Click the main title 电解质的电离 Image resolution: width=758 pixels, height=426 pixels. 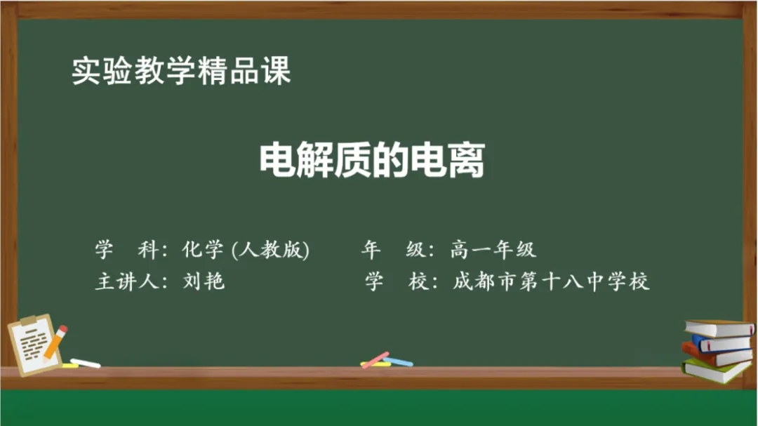372,160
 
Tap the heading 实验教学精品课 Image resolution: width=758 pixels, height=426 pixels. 181,71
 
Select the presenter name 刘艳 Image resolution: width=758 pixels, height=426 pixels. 204,281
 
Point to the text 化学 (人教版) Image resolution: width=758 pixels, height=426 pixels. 246,250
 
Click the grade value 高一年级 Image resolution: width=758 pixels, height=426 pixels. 493,250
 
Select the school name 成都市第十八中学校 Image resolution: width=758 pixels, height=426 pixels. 551,281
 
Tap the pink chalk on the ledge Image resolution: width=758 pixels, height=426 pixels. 375,360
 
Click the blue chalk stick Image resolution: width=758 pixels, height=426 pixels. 399,361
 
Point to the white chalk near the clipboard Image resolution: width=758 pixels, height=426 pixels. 86,363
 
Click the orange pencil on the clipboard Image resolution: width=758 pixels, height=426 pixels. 55,342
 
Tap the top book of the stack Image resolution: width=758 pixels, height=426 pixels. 719,328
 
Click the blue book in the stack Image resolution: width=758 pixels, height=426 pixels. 721,342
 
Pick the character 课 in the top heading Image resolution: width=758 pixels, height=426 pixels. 277,71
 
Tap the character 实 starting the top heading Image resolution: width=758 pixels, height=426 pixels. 86,71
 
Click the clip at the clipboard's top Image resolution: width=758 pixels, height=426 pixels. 28,321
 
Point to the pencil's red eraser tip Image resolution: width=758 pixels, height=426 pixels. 63,329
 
